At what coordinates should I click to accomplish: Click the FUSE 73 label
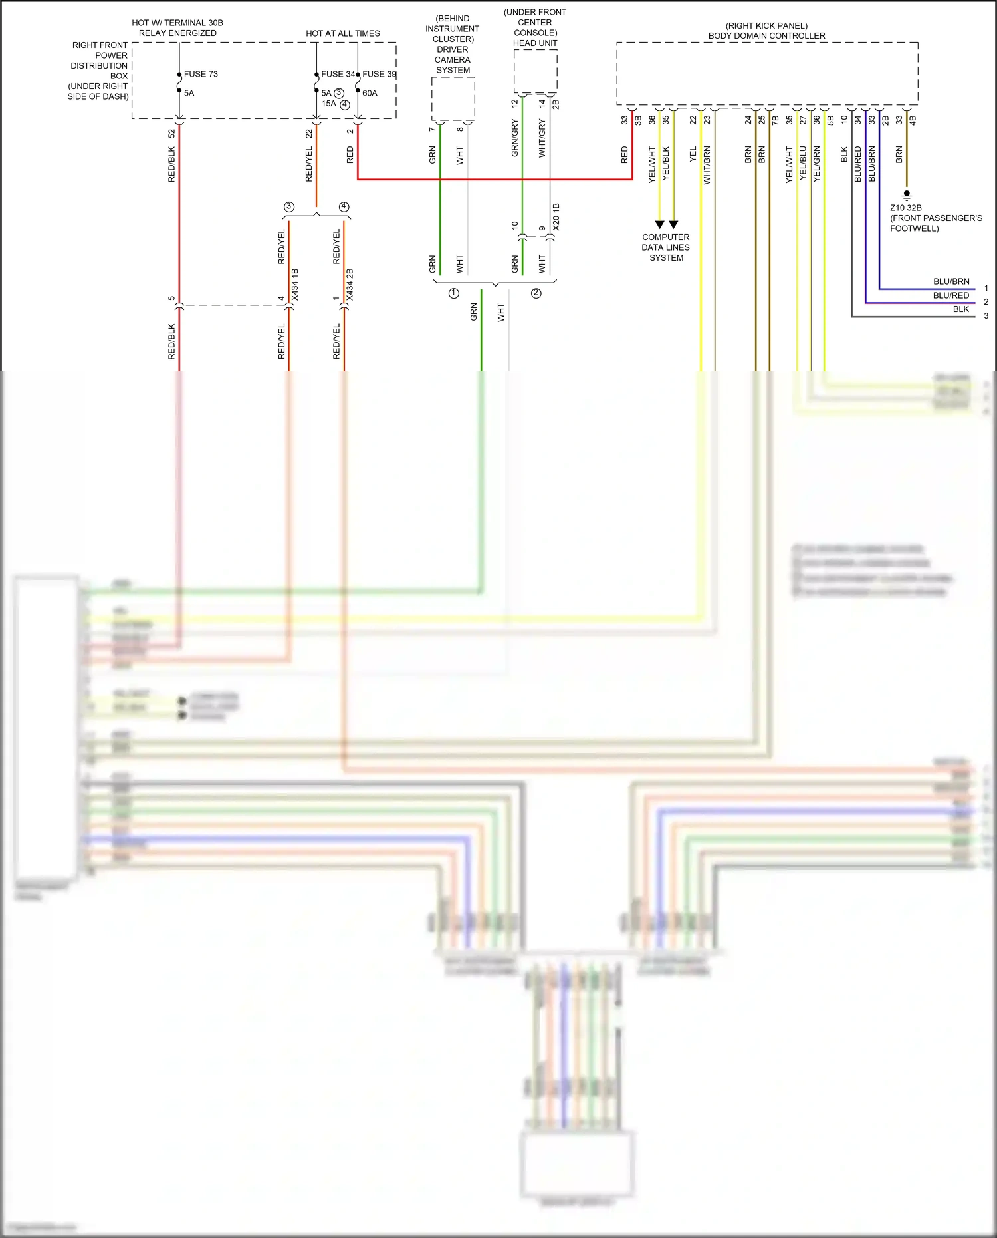(x=201, y=74)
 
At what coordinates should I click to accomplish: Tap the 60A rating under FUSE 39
(x=370, y=93)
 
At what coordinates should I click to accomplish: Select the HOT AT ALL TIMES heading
(x=342, y=33)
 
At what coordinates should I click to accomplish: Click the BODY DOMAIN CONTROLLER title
(x=766, y=36)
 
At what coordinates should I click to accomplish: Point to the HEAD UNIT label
(x=535, y=43)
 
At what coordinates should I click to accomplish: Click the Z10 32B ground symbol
(x=907, y=195)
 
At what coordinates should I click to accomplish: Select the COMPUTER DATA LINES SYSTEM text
(x=665, y=247)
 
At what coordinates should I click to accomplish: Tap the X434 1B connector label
(x=295, y=285)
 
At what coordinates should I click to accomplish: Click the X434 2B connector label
(x=350, y=285)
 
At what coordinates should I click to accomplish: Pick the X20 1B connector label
(x=556, y=217)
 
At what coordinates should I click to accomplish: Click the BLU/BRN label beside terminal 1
(x=951, y=281)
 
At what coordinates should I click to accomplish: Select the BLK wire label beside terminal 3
(x=960, y=309)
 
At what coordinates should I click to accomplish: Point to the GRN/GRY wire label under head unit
(x=514, y=138)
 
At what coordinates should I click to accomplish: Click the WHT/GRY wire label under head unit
(x=542, y=139)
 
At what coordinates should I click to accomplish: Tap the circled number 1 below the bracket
(x=454, y=293)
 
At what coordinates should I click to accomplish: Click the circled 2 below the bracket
(x=536, y=293)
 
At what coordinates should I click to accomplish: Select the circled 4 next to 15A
(x=344, y=104)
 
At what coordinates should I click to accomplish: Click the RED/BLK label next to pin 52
(x=171, y=164)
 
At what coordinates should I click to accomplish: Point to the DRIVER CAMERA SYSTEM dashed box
(x=453, y=98)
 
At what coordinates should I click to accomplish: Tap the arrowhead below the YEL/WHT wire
(x=659, y=225)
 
